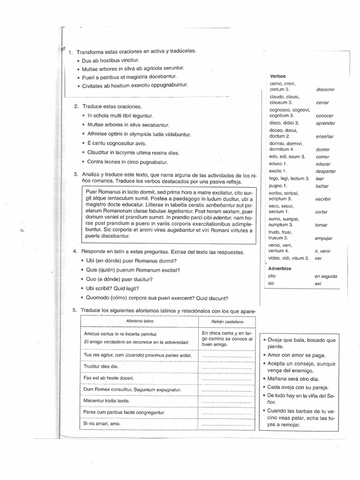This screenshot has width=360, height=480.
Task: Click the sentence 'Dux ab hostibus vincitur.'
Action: (111, 60)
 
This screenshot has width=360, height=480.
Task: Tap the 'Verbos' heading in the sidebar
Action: (278, 76)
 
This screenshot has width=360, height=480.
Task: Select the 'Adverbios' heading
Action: (280, 269)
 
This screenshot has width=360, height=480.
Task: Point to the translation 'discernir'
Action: (325, 89)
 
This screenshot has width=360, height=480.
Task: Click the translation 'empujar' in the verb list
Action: (324, 238)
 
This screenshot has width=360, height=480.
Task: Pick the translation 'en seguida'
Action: (326, 276)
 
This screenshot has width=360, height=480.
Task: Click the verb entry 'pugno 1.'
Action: (278, 186)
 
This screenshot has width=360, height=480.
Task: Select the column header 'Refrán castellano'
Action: (227, 322)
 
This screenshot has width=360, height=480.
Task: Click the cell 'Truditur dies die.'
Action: (101, 366)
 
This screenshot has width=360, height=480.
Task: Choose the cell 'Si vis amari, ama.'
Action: (102, 423)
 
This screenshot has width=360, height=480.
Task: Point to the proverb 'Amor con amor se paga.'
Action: (296, 355)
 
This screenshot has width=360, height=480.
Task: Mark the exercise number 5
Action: (75, 310)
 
